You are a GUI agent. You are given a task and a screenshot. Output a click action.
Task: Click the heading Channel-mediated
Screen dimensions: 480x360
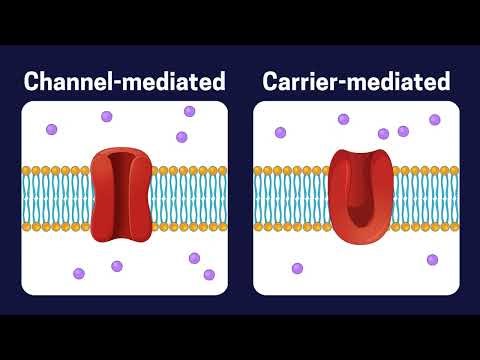[125, 81]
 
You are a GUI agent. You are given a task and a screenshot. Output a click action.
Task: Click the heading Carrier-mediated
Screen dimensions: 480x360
[356, 81]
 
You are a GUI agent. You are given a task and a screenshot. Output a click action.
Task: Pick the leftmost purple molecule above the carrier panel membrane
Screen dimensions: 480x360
[280, 132]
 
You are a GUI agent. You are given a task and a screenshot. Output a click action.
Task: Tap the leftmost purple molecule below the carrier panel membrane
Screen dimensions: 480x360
[297, 268]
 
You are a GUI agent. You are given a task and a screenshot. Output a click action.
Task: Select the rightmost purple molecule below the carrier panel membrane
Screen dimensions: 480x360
[432, 259]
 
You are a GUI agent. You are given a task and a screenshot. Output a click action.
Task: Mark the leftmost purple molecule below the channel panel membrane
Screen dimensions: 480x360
[79, 272]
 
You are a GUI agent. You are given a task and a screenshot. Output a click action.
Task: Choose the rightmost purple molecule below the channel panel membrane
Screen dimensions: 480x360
[209, 274]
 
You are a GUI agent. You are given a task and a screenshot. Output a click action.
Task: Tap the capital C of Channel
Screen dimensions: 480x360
[33, 81]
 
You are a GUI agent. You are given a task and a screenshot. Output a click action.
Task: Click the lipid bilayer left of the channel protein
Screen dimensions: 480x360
[55, 191]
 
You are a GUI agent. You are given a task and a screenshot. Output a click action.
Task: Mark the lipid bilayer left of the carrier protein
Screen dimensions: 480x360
[290, 191]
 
